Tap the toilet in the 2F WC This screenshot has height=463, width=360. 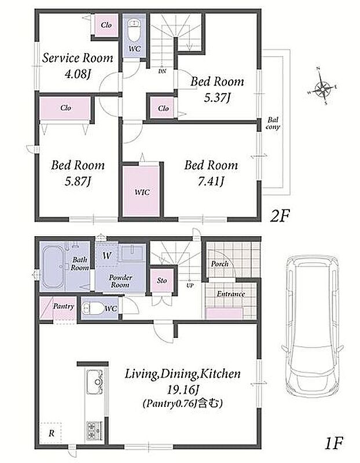(134, 31)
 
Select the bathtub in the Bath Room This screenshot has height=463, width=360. (53, 267)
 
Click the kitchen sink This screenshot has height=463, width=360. (95, 381)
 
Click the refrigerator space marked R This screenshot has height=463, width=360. (52, 433)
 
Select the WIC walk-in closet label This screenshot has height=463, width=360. (142, 192)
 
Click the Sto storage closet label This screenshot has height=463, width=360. (162, 281)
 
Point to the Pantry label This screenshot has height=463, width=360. (64, 306)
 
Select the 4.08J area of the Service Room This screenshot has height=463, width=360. (78, 74)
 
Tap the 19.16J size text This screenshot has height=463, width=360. (182, 390)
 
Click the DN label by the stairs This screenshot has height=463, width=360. (162, 71)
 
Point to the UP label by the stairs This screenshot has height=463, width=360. (190, 285)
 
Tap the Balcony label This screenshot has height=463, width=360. (273, 123)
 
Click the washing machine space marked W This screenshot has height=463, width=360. (106, 255)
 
